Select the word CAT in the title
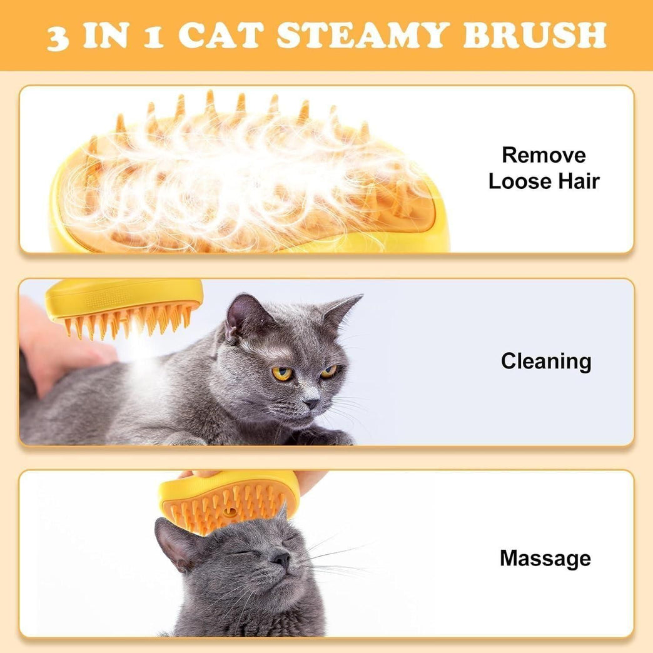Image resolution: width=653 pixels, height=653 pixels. [x=223, y=36]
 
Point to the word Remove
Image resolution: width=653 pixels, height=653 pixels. [x=544, y=155]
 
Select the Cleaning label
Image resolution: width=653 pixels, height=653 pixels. [x=545, y=362]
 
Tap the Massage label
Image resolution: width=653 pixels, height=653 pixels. [x=545, y=558]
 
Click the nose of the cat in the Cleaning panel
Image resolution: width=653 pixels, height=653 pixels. [x=311, y=403]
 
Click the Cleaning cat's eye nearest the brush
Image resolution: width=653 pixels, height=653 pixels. [x=281, y=373]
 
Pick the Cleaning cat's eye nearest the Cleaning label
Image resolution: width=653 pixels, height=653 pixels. [x=329, y=372]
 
